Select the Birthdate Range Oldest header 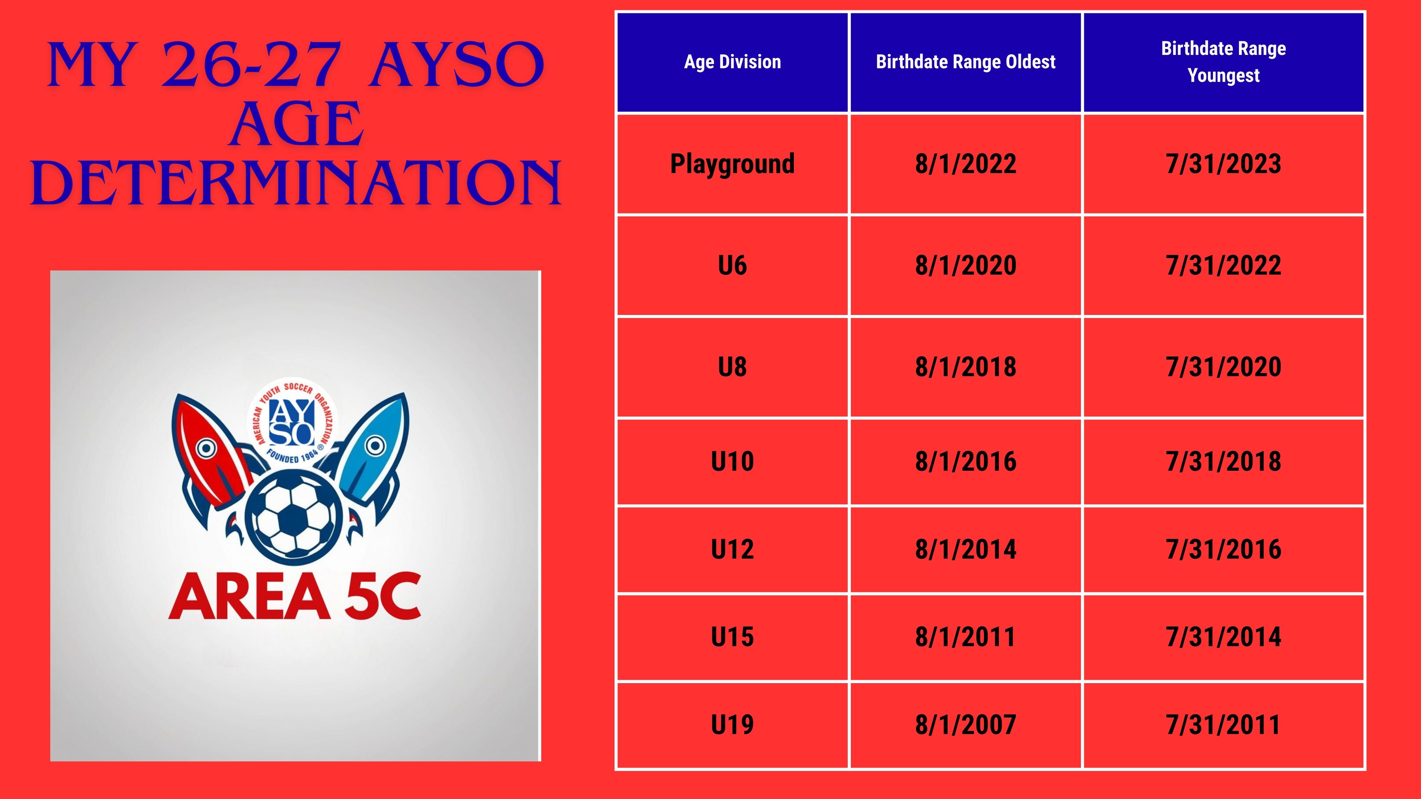point(965,62)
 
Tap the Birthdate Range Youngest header point(1224,62)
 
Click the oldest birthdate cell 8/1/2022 point(965,164)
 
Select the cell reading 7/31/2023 point(1224,164)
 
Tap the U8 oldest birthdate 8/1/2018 point(965,367)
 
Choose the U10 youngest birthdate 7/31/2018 point(1224,461)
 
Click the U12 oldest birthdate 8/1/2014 point(965,549)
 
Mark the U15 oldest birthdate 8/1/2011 point(965,637)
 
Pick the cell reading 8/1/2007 point(965,724)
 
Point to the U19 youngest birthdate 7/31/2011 point(1224,724)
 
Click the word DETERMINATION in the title point(296,183)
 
